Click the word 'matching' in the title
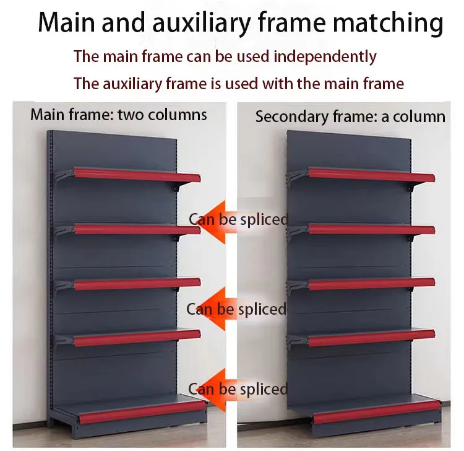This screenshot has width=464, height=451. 388,23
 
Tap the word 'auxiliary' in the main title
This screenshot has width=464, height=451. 201,23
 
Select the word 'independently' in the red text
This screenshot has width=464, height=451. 325,56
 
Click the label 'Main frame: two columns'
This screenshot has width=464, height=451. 118,115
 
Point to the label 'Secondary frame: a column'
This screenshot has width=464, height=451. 350,116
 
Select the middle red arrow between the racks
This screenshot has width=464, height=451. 215,309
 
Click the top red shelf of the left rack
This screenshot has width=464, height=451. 137,175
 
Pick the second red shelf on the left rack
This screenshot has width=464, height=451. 137,230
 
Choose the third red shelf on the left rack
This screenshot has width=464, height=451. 137,284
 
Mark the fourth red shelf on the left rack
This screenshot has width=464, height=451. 137,338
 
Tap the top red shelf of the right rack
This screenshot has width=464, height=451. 372,175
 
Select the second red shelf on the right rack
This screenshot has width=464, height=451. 372,230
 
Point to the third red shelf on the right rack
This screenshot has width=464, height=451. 372,284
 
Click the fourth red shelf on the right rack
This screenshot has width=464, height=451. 372,338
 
